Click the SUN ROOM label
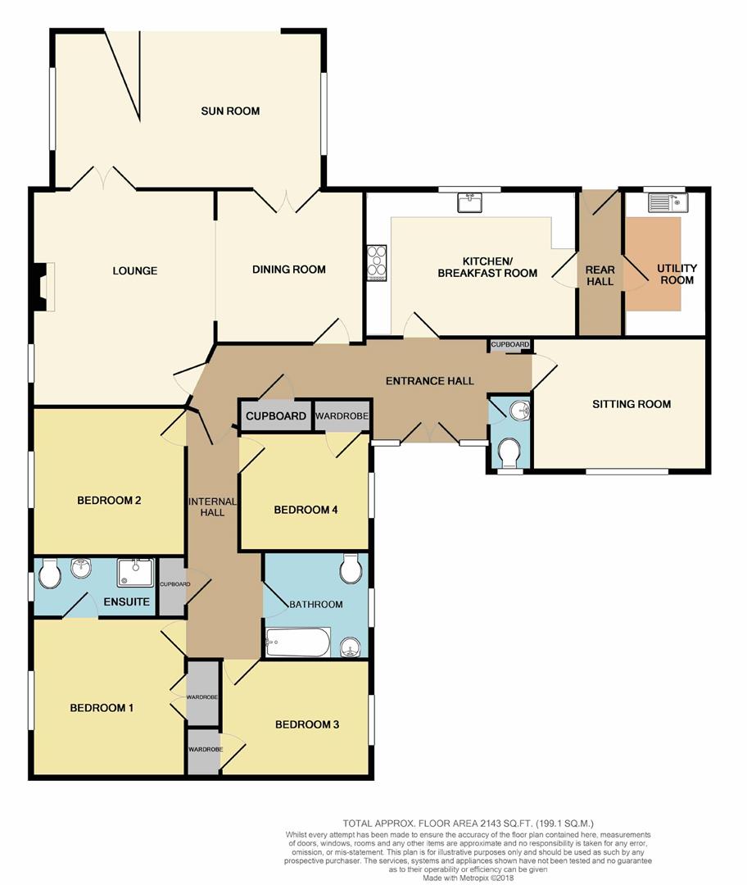230,111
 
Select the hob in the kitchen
377,263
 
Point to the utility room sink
669,202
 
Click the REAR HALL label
599,275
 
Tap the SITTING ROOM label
632,403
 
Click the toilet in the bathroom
350,569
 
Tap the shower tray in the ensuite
134,573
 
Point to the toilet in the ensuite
48,573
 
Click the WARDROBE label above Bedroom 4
342,416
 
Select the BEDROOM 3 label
306,724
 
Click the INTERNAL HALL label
212,507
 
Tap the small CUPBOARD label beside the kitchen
510,345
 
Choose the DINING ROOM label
288,269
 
